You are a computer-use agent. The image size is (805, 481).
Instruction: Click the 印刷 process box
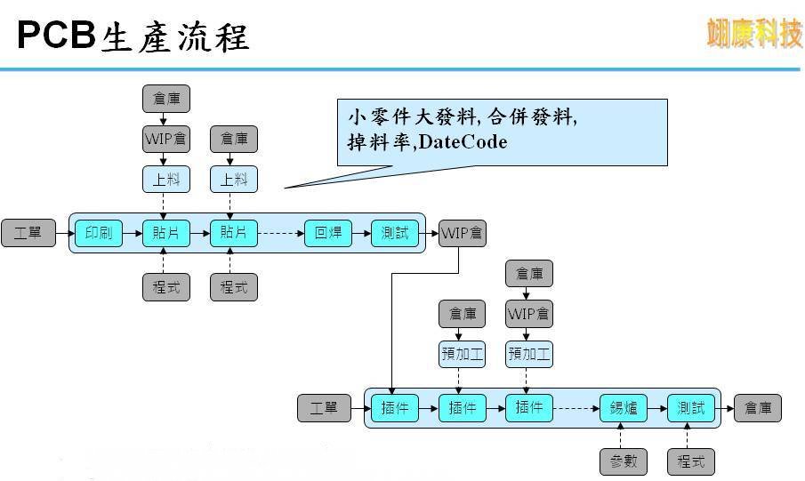[x=98, y=234]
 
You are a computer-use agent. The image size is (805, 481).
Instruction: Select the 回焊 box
[x=327, y=234]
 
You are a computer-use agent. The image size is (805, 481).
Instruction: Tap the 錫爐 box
[x=623, y=408]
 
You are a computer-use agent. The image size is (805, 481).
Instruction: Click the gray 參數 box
[x=623, y=461]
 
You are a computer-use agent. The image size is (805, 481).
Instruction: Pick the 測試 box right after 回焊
[x=395, y=234]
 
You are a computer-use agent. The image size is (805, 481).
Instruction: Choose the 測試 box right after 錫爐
[x=690, y=408]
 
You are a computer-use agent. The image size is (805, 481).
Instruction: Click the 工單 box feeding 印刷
[x=28, y=234]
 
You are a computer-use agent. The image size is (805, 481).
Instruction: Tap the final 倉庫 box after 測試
[x=759, y=408]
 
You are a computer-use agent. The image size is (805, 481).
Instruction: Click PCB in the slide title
[x=56, y=36]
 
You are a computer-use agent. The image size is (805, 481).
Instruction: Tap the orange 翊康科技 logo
[x=754, y=33]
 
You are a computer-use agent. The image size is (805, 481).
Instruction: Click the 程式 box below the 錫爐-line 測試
[x=690, y=461]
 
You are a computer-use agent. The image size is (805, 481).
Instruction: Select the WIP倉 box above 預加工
[x=529, y=314]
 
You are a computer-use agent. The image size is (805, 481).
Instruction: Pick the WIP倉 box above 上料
[x=166, y=139]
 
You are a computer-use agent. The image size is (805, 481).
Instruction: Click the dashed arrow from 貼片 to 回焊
[x=281, y=234]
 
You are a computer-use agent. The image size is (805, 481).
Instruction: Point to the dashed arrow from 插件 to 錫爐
[x=576, y=408]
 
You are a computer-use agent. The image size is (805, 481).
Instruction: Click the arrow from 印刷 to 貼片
[x=132, y=234]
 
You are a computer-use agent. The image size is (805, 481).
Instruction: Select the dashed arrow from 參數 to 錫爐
[x=623, y=436]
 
